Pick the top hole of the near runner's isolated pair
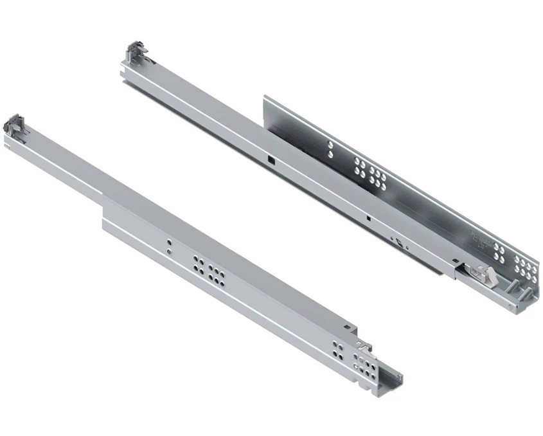point(168,243)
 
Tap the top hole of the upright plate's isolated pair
point(330,145)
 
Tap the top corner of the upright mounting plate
point(265,98)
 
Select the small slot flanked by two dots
point(399,243)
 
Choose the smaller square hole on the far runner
point(368,217)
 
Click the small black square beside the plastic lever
point(456,263)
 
